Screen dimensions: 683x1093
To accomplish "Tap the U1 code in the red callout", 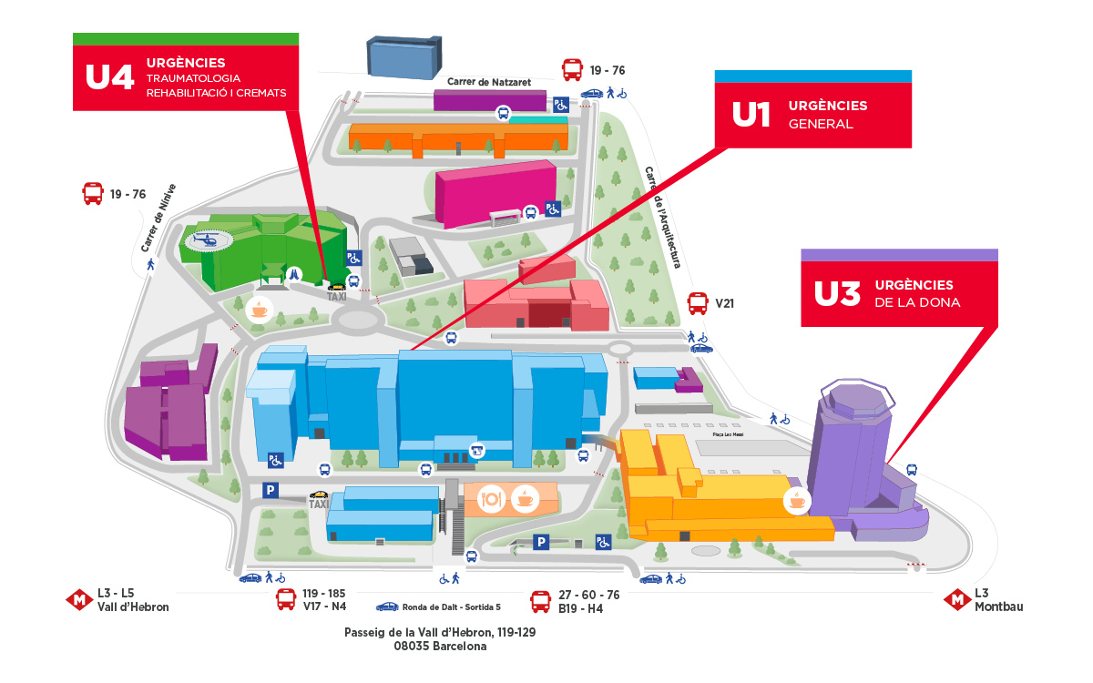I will tap(752, 115).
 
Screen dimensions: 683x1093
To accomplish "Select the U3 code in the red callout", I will tap(837, 294).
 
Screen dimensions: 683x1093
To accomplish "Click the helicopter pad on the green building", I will tap(209, 241).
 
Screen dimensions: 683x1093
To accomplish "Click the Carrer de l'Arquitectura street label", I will tap(663, 217).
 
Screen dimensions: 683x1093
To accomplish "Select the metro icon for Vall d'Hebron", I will tap(79, 600).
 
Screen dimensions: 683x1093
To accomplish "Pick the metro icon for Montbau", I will tap(956, 599).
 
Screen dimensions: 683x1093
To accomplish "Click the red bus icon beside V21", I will tap(698, 303).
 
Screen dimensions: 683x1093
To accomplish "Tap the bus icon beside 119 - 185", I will tap(286, 599).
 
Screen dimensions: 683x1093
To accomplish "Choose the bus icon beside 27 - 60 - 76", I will tap(541, 601).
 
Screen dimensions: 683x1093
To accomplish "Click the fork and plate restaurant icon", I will tap(492, 498).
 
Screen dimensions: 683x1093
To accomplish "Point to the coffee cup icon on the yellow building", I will tap(797, 500).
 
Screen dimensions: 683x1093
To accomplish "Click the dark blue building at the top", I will tap(403, 56).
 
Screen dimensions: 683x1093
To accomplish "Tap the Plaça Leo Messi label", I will tap(724, 436).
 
